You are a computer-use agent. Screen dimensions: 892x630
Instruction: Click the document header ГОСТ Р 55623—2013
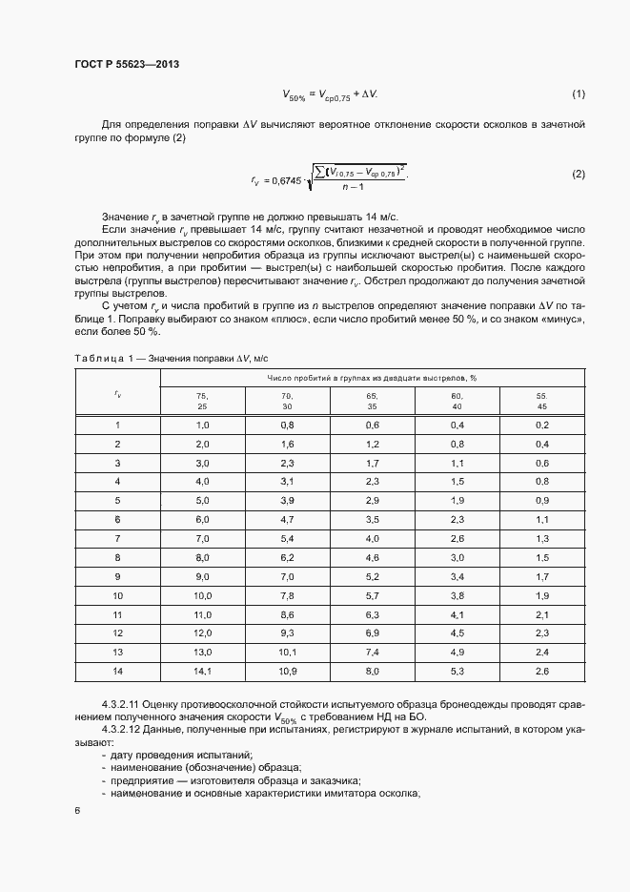[x=127, y=63]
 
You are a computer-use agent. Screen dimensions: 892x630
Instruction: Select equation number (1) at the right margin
[x=578, y=93]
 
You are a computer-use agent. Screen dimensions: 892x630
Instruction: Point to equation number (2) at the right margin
[x=578, y=174]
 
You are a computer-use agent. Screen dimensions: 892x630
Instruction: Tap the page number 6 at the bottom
[x=76, y=811]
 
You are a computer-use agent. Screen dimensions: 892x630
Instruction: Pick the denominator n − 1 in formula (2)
[x=356, y=188]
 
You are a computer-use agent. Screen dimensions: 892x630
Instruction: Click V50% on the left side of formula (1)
[x=293, y=94]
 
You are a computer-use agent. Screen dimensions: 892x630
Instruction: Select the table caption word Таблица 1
[x=102, y=357]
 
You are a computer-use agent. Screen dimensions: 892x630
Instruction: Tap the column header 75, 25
[x=202, y=400]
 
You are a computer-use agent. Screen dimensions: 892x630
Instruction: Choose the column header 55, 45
[x=541, y=400]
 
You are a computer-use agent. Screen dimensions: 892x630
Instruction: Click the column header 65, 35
[x=372, y=400]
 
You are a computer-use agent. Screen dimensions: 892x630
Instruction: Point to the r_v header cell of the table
[x=117, y=392]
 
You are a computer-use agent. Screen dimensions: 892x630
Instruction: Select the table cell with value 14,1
[x=202, y=671]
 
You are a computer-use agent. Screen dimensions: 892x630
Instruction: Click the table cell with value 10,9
[x=287, y=671]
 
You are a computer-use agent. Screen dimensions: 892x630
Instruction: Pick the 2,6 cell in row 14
[x=541, y=671]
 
